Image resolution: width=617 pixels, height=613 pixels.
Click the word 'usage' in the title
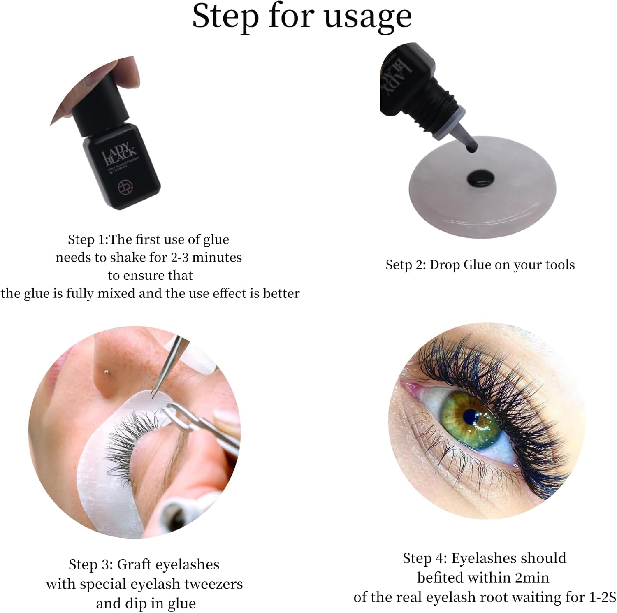pos(367,16)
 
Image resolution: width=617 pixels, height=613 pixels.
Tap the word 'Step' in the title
pos(226,16)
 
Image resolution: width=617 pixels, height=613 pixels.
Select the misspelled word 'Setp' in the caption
pos(399,265)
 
